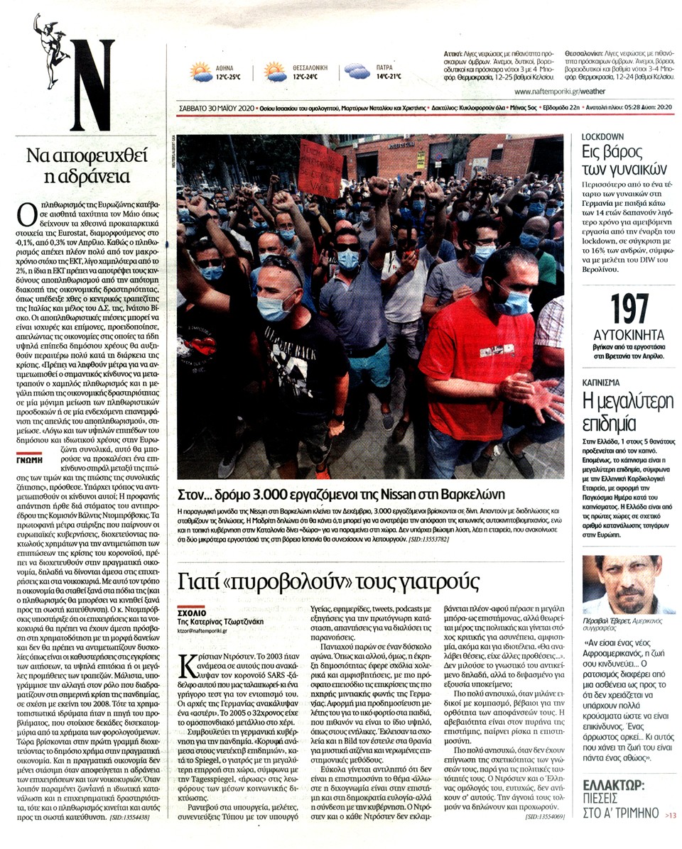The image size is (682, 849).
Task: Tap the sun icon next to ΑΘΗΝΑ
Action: click(200, 72)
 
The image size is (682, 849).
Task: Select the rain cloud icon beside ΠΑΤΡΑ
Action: click(357, 70)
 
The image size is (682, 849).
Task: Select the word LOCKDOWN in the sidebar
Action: click(602, 136)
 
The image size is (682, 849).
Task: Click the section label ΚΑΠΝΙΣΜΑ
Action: click(605, 383)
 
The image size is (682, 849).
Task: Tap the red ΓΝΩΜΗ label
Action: click(28, 459)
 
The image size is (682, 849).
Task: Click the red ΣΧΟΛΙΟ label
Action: click(192, 611)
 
